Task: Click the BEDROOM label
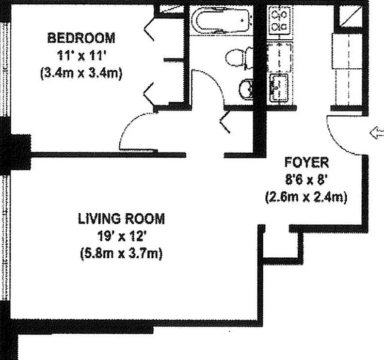[x=81, y=38]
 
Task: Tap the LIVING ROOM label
[x=122, y=219]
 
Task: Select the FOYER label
[x=306, y=162]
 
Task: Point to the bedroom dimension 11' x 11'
[x=81, y=56]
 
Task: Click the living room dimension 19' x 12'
[x=122, y=236]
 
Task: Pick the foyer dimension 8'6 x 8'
[x=306, y=180]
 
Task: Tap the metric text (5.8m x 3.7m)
[x=122, y=254]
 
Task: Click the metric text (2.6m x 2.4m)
[x=306, y=197]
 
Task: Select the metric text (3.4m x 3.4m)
[x=81, y=73]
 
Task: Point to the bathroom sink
[x=246, y=89]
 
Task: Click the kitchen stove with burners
[x=279, y=20]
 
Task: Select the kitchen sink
[x=279, y=88]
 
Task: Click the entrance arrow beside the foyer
[x=377, y=134]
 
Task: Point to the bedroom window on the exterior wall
[x=5, y=70]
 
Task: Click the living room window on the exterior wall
[x=5, y=237]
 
